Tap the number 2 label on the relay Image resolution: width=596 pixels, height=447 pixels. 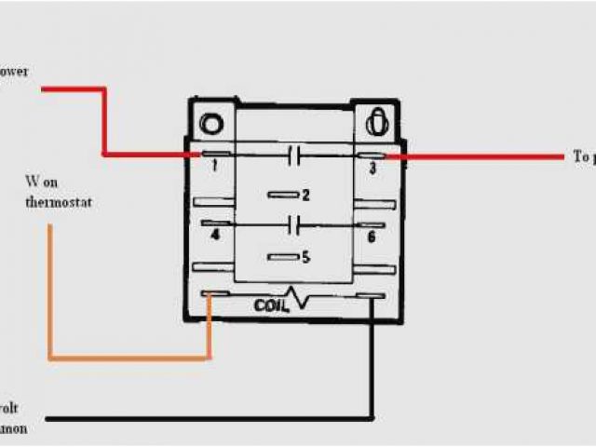305,195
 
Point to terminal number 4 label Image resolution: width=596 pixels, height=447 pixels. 215,236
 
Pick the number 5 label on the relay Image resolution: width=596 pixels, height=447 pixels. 305,256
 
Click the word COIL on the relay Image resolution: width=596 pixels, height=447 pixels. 271,305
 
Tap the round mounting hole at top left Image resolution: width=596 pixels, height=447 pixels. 211,124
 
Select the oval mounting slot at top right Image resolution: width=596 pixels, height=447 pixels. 377,122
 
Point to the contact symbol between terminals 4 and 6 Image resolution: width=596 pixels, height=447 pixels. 295,224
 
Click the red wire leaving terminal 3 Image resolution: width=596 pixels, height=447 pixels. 484,157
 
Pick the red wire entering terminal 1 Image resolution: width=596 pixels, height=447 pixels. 103,121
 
